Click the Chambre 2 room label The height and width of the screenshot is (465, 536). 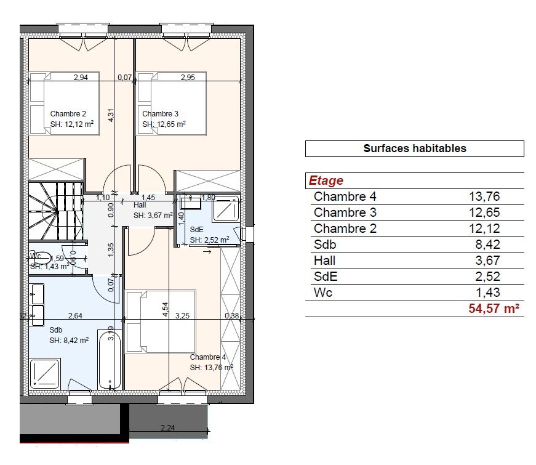pyautogui.click(x=68, y=113)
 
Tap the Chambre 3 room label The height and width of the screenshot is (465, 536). pyautogui.click(x=161, y=113)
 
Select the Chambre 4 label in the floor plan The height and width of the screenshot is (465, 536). pyautogui.click(x=208, y=357)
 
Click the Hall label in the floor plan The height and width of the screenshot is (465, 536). pyautogui.click(x=140, y=205)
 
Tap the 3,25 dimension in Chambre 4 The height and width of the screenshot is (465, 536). pyautogui.click(x=183, y=316)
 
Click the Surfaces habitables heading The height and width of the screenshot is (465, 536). pyautogui.click(x=414, y=148)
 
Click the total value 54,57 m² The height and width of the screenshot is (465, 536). pyautogui.click(x=494, y=309)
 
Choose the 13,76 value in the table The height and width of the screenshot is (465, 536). pyautogui.click(x=485, y=197)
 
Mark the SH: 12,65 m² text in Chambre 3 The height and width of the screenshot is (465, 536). pyautogui.click(x=164, y=124)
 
